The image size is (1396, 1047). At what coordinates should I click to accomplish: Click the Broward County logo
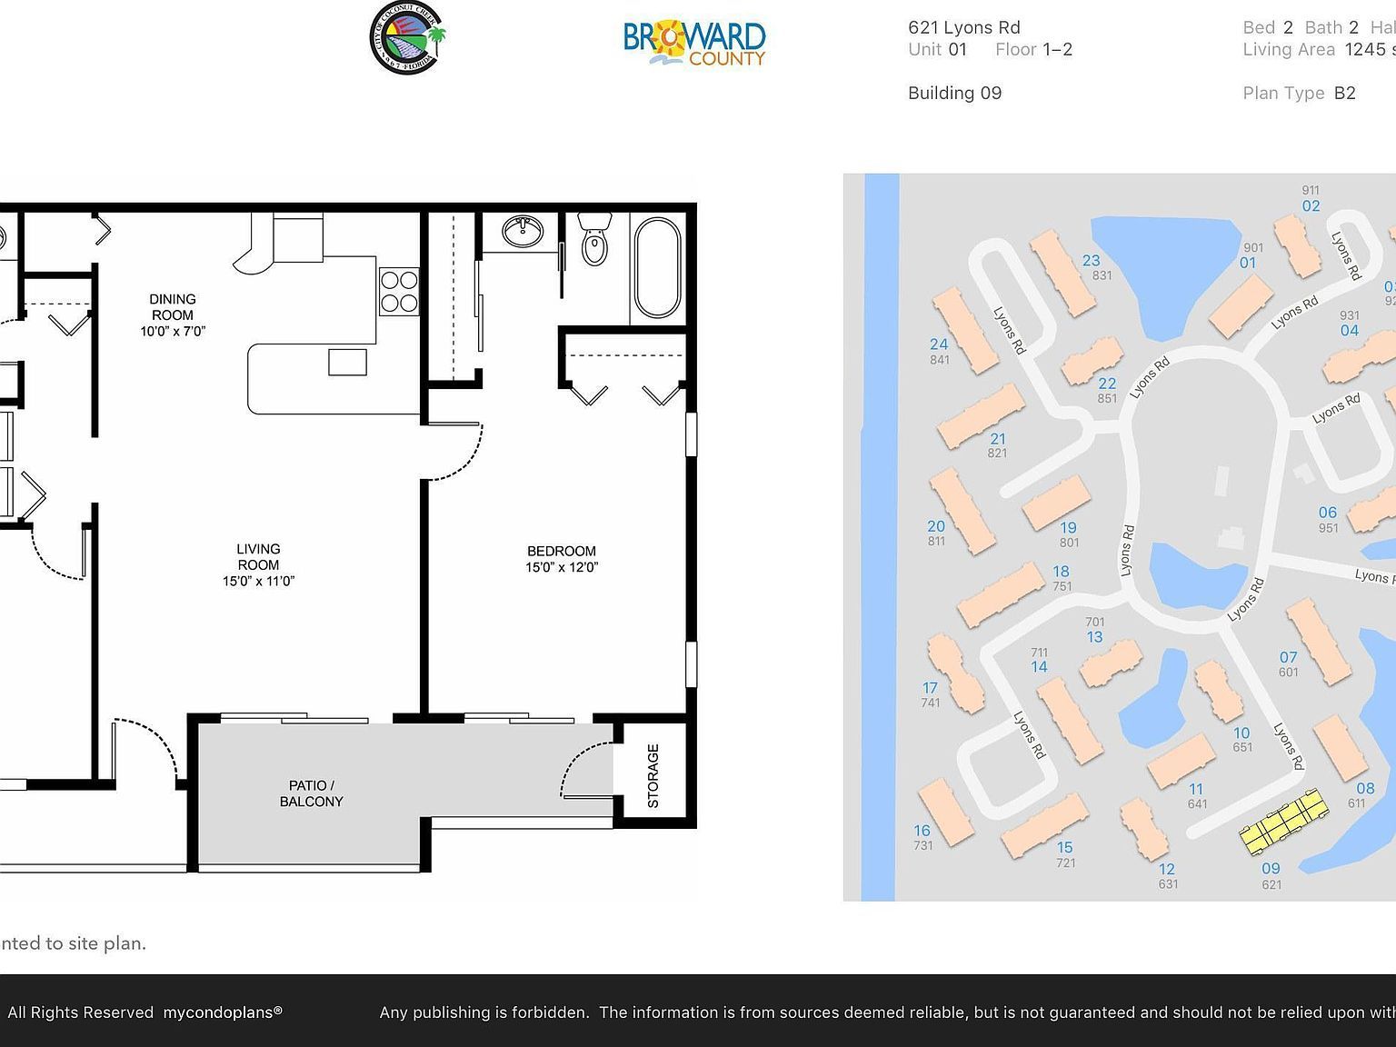coord(695,43)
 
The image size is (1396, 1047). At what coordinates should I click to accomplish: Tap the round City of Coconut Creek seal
coord(407,38)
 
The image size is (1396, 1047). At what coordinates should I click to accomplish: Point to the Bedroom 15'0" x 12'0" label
coord(562,559)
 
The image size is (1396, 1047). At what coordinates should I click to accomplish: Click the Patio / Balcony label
coord(312,793)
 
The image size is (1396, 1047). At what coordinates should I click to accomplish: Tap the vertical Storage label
coord(653,775)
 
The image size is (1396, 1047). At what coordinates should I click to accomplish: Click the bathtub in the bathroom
coord(657,267)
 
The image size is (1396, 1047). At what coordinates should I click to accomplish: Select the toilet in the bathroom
coord(594,241)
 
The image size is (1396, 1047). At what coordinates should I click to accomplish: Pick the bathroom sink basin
coord(523,231)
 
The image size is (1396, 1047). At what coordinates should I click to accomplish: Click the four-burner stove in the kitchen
coord(398,292)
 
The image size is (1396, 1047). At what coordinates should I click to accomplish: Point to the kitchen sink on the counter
coord(347,362)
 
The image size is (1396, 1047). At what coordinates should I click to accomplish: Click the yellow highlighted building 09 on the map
coord(1282,822)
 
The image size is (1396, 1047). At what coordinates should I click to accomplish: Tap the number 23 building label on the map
coord(1091,261)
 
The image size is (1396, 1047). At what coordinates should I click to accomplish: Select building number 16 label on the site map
coord(922,831)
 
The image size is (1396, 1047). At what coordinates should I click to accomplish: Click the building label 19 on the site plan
coord(1068,527)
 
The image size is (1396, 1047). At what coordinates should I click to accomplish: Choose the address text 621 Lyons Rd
coord(963,27)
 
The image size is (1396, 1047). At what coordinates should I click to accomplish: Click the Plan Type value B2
coord(1344,93)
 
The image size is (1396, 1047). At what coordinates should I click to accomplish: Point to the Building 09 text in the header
coord(954,93)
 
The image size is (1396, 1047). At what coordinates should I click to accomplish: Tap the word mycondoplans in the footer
coord(218,1012)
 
